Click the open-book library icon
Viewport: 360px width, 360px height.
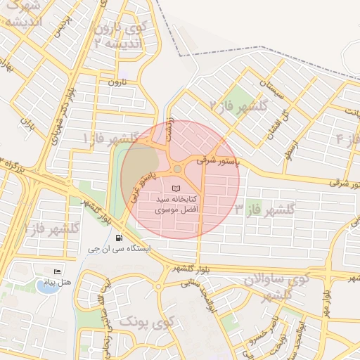click(x=176, y=188)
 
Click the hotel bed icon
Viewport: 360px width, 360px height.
click(x=57, y=271)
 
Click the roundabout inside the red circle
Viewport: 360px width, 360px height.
click(x=177, y=169)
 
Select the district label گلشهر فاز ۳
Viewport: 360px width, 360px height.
click(x=265, y=209)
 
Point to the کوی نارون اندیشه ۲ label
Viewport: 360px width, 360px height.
click(x=125, y=36)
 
